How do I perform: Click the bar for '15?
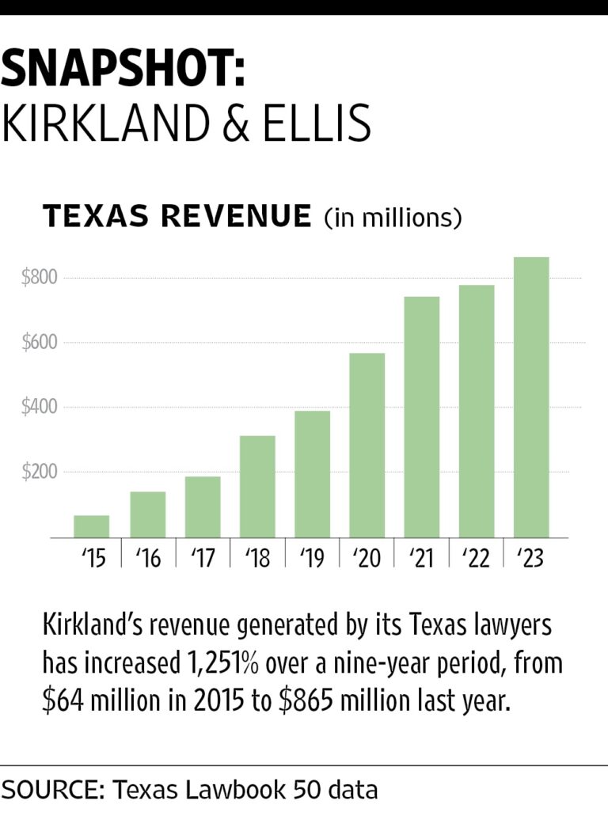(x=92, y=526)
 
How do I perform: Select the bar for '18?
(x=257, y=487)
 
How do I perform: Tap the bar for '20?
(x=367, y=446)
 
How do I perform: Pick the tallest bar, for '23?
(x=531, y=397)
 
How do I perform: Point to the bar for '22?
(x=477, y=412)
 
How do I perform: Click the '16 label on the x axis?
(x=148, y=559)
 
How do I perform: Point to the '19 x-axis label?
(x=312, y=559)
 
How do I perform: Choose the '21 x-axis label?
(x=422, y=559)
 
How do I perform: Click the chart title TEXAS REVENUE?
(x=177, y=216)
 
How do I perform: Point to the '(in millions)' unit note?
(x=393, y=217)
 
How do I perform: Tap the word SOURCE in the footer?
(x=51, y=789)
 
